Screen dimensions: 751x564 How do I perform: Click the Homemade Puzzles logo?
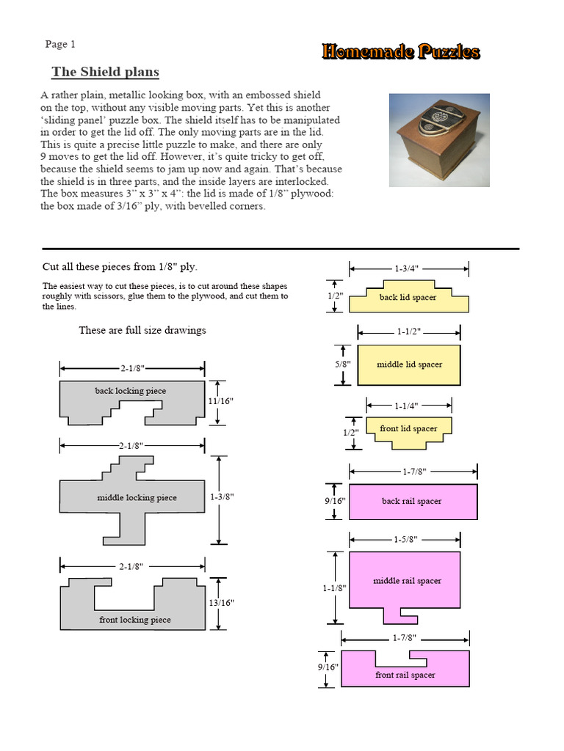(x=400, y=51)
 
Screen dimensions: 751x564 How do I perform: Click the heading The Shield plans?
(x=105, y=72)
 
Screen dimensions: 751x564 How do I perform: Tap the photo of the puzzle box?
(x=438, y=139)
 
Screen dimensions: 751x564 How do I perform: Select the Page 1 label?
(x=60, y=44)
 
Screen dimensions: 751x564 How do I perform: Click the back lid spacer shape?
(x=408, y=298)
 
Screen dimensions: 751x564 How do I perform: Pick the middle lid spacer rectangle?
(x=408, y=364)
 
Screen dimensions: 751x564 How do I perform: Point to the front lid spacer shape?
(x=408, y=428)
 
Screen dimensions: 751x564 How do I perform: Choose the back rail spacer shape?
(x=412, y=502)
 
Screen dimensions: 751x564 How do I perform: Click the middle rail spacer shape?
(x=405, y=581)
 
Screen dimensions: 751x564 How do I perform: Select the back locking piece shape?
(x=131, y=392)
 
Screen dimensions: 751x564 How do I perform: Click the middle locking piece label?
(x=137, y=498)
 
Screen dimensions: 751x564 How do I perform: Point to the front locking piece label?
(x=135, y=620)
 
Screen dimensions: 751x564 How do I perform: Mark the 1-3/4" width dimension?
(x=406, y=268)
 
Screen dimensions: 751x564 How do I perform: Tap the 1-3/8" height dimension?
(x=221, y=497)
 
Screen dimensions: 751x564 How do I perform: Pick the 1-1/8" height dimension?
(x=333, y=587)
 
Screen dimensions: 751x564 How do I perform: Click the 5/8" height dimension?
(x=343, y=364)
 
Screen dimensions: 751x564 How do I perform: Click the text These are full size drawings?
(x=142, y=330)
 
